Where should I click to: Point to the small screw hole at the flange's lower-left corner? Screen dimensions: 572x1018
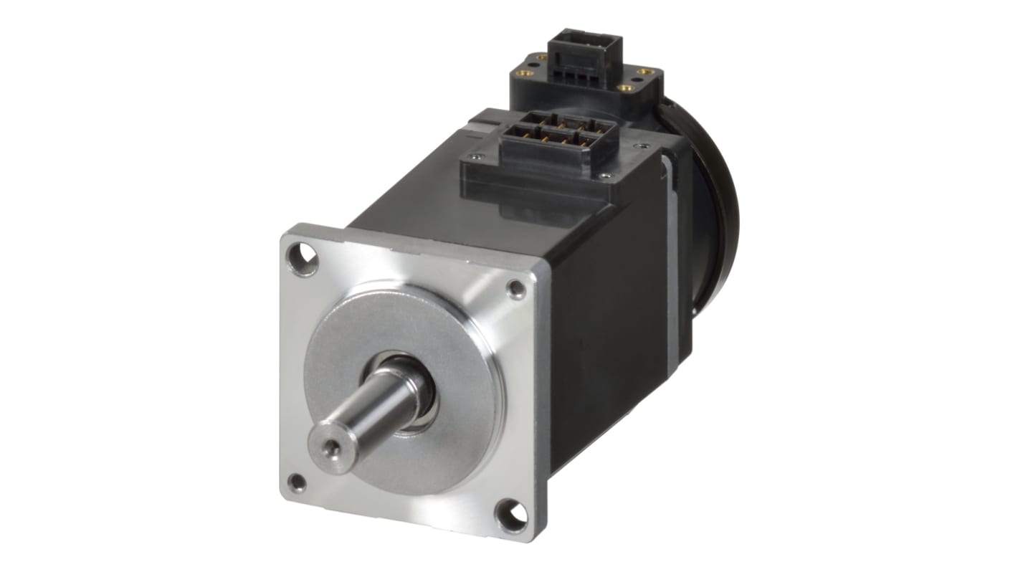click(296, 482)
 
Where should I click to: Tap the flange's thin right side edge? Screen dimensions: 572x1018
click(543, 401)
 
